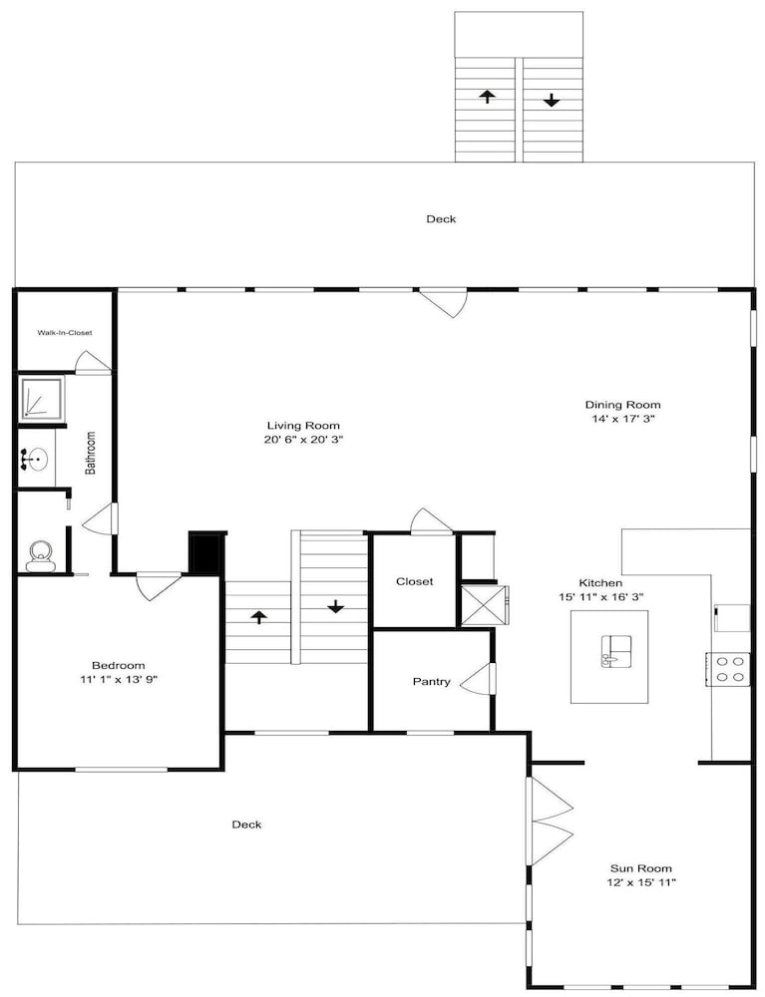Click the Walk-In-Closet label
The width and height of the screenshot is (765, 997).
[64, 333]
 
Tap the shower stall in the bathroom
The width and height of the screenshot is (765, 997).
[43, 398]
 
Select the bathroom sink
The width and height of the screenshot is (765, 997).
[34, 459]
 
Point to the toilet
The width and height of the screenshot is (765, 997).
[40, 555]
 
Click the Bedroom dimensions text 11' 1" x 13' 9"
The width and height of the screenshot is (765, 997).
[119, 680]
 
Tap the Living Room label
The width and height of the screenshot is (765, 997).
[303, 426]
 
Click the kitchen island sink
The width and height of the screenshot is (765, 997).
[616, 650]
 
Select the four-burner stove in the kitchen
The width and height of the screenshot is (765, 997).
[727, 668]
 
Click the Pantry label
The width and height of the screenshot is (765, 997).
[431, 682]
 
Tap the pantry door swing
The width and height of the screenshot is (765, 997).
[476, 679]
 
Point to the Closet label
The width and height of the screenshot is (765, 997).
[415, 581]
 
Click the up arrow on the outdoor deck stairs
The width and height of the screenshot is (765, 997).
[487, 96]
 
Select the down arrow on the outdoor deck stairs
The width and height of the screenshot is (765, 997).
[551, 100]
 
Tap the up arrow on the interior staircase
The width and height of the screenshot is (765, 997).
[258, 617]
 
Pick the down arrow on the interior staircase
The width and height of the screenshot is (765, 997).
[335, 606]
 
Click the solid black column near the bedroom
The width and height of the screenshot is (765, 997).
[204, 554]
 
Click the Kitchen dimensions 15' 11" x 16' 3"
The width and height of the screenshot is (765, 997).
[601, 597]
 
